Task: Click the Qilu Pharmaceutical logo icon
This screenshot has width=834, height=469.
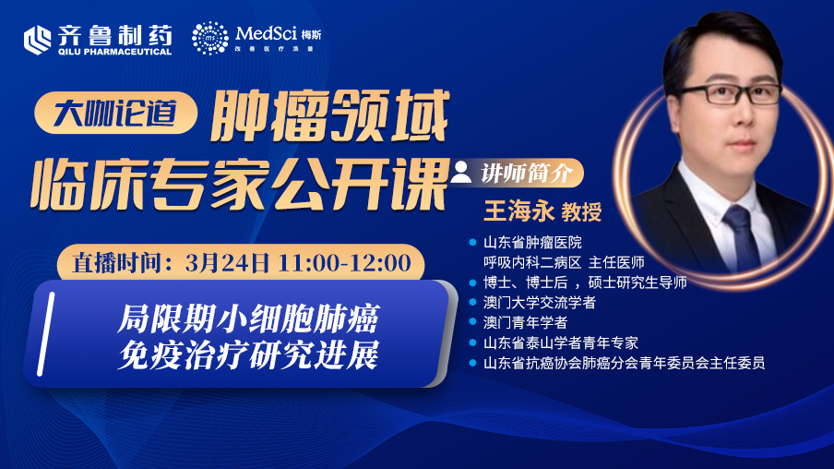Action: (x=37, y=40)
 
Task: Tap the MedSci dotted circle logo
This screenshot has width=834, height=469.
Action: (x=210, y=39)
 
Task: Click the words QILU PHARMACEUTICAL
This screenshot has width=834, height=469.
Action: (x=115, y=52)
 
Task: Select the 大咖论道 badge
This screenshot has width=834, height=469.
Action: (x=115, y=113)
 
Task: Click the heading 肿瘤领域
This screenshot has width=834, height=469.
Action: (x=329, y=116)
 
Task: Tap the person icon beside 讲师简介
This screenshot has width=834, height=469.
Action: (x=460, y=173)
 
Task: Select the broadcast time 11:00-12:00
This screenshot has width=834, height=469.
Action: (x=345, y=263)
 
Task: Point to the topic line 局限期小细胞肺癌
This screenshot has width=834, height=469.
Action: (x=248, y=319)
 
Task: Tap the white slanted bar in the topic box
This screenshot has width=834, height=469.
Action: (x=46, y=333)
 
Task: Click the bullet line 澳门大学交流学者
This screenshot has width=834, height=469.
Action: (x=540, y=303)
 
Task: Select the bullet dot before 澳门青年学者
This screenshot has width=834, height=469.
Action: (x=472, y=322)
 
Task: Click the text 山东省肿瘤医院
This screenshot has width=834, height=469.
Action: (x=532, y=243)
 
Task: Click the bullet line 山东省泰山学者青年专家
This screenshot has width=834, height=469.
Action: (x=561, y=343)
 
